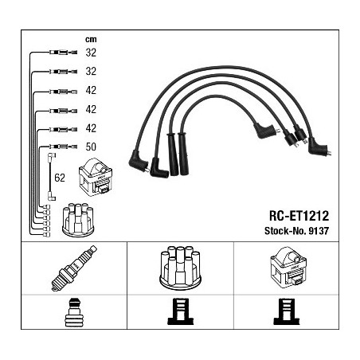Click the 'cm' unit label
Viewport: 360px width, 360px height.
pyautogui.click(x=91, y=40)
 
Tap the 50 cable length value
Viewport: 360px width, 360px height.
pyautogui.click(x=91, y=147)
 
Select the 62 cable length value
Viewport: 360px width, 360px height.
pyautogui.click(x=60, y=178)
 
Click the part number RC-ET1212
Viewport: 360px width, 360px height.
pyautogui.click(x=299, y=216)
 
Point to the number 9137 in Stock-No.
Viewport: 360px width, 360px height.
pyautogui.click(x=319, y=231)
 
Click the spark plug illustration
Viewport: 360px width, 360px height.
pyautogui.click(x=74, y=268)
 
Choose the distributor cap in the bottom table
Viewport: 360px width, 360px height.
pyautogui.click(x=180, y=268)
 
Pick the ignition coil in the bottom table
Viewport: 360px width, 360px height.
pyautogui.click(x=288, y=268)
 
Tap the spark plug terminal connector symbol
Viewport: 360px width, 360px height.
pyautogui.click(x=74, y=313)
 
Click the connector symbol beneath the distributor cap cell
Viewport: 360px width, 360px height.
pyautogui.click(x=181, y=311)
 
